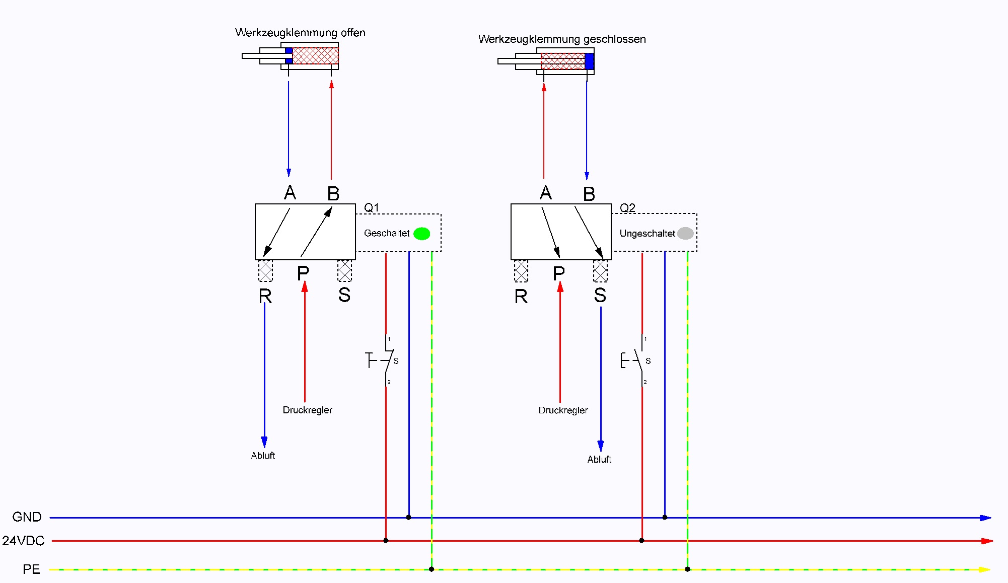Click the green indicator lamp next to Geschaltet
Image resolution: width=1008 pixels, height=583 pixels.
coord(421,234)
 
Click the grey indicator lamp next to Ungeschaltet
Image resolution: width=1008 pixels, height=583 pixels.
coord(685,233)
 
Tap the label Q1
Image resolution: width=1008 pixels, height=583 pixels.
coord(372,207)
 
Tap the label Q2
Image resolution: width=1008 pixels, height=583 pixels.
coord(627,208)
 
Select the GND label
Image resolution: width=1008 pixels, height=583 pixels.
coord(27,517)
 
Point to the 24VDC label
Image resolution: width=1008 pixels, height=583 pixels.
coord(23,541)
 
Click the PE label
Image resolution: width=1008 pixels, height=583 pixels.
coord(31,569)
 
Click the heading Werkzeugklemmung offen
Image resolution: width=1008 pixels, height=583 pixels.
coord(300,33)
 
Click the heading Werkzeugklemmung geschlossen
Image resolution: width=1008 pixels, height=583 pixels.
coord(562,39)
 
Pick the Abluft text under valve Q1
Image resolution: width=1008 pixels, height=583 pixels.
coord(263,456)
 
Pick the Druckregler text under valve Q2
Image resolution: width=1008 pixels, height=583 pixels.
coord(563,410)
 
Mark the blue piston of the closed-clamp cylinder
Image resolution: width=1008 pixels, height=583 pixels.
coord(589,61)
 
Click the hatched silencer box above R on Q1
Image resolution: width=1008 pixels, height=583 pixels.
coord(265,271)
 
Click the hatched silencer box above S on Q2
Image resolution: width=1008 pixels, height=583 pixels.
coord(600,271)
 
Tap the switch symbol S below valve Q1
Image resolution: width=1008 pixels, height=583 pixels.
coord(387,360)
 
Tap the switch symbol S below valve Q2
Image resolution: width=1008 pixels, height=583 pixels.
coord(638,360)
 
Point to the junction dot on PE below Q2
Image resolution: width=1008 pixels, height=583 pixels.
coord(687,569)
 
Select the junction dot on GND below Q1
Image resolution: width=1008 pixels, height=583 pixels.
coord(408,517)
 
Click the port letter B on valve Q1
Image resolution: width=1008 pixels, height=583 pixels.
coord(333,194)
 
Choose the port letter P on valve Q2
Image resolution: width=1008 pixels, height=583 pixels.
coord(558,274)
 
